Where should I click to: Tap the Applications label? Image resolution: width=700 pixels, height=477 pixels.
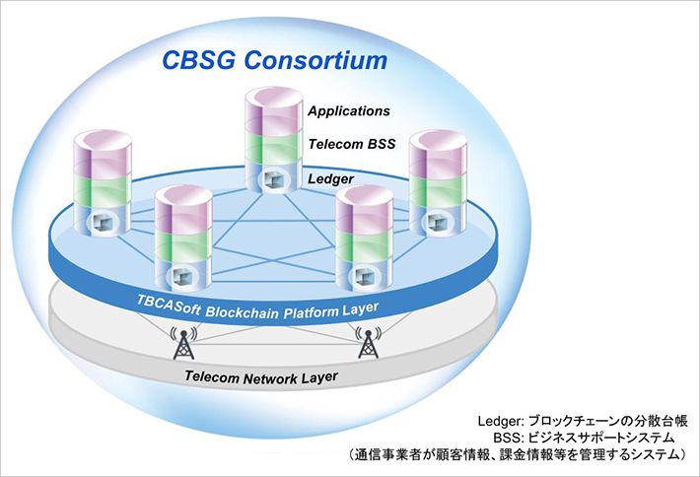pyautogui.click(x=349, y=110)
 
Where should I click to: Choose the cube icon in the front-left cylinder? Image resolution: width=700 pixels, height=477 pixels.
pyautogui.click(x=184, y=273)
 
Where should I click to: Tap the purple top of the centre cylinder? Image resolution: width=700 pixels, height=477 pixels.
pyautogui.click(x=269, y=110)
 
